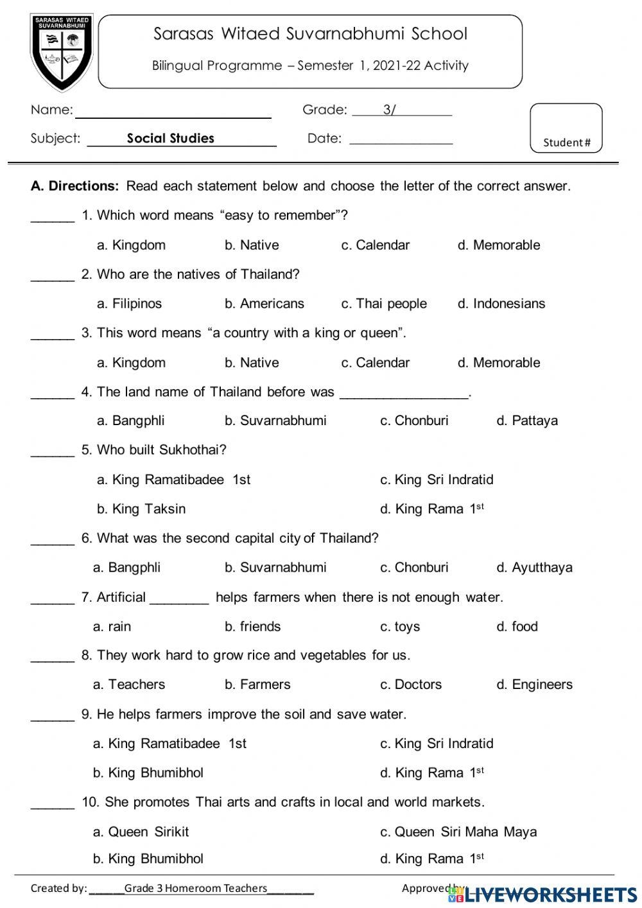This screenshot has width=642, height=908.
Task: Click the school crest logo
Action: click(62, 52)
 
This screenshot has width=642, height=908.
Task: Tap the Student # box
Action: click(566, 128)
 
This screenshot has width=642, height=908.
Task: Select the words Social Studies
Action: click(170, 138)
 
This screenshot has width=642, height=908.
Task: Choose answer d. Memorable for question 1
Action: click(498, 245)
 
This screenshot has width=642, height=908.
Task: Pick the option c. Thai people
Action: click(383, 303)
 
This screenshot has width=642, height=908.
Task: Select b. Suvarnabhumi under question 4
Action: click(275, 421)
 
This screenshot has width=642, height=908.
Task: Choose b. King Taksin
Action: click(141, 509)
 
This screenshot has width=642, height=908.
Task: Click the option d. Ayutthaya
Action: click(534, 567)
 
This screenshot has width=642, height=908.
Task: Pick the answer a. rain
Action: click(112, 626)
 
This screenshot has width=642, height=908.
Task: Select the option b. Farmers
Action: click(257, 685)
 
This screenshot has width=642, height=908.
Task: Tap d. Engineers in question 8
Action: click(534, 685)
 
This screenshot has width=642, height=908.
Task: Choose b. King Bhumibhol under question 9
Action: click(148, 773)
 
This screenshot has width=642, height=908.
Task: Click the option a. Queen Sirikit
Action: click(141, 832)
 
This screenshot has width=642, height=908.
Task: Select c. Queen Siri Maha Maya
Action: click(458, 832)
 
